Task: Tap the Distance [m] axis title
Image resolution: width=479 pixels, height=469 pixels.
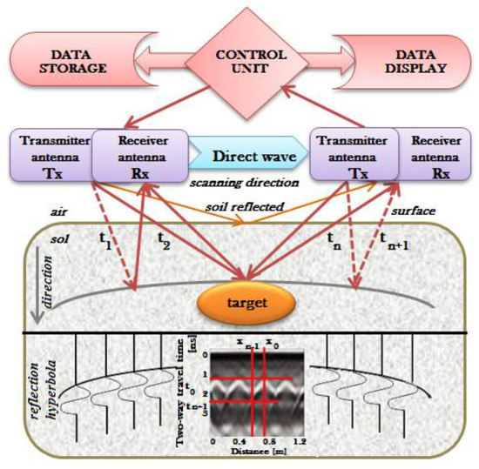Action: [x=256, y=453]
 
